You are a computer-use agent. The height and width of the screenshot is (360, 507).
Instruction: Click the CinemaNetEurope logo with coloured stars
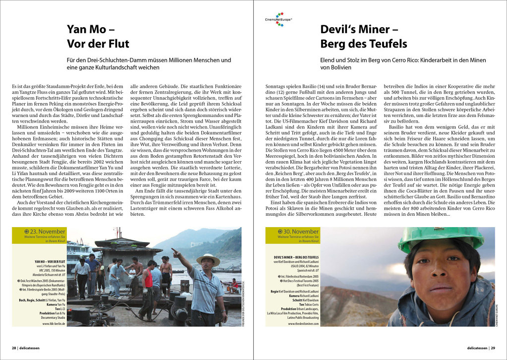click(x=278, y=19)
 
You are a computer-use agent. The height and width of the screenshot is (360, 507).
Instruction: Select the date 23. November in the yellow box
click(x=48, y=231)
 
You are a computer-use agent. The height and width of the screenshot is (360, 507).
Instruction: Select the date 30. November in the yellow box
click(x=301, y=231)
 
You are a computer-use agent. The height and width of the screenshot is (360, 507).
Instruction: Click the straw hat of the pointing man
click(x=208, y=259)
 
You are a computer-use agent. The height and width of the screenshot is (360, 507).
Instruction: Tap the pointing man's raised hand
click(x=174, y=251)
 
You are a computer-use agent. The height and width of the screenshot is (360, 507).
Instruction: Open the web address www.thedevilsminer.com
click(x=303, y=323)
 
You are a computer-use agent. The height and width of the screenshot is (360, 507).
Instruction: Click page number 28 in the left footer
click(x=14, y=348)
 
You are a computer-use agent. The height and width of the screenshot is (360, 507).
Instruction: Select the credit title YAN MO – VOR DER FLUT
click(x=50, y=261)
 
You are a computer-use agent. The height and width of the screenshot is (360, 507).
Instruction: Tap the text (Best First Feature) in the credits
click(x=303, y=286)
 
